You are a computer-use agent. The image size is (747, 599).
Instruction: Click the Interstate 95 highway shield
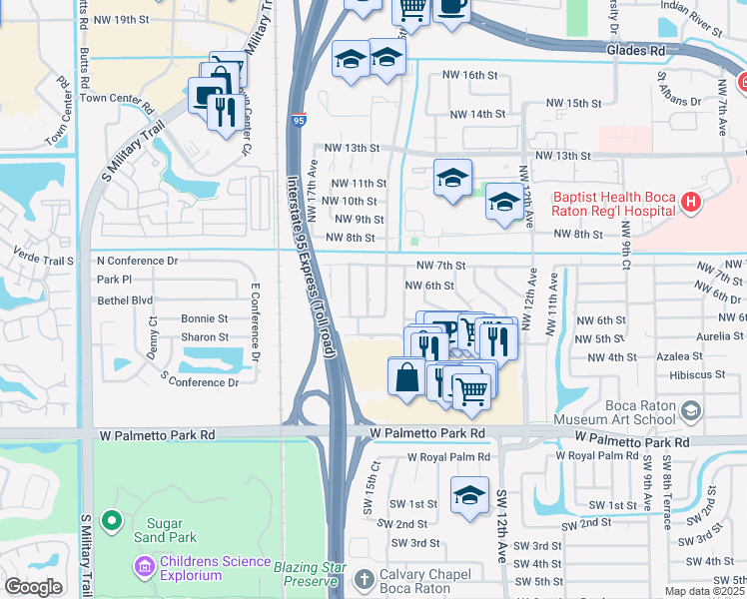click(x=301, y=120)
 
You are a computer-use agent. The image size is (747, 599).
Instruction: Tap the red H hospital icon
click(x=690, y=204)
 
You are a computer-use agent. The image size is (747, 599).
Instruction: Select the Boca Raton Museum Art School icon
click(x=690, y=410)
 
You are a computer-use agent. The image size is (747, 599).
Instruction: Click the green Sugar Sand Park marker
click(x=111, y=520)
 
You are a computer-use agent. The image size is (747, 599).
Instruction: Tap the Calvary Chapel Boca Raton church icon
click(x=366, y=578)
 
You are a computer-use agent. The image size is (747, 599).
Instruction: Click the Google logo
click(x=33, y=587)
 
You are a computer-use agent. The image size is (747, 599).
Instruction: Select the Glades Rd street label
click(x=634, y=49)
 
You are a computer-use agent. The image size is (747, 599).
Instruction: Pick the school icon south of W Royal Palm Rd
click(x=469, y=495)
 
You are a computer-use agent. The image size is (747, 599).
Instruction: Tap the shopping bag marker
click(x=406, y=379)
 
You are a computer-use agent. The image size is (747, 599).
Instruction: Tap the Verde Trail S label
click(x=44, y=261)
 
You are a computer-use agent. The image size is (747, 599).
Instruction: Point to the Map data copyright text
click(x=704, y=591)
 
